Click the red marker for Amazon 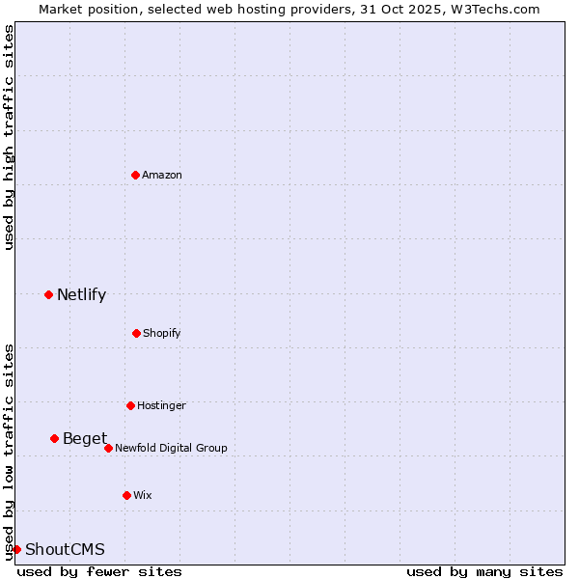click(135, 175)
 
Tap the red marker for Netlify click(48, 294)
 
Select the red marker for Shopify click(136, 333)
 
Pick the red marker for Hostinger click(130, 405)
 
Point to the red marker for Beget click(54, 438)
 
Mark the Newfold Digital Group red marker click(108, 448)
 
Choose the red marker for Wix click(126, 495)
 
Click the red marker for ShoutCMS click(16, 549)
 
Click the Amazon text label click(162, 175)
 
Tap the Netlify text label click(81, 295)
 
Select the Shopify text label click(162, 333)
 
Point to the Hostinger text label click(161, 405)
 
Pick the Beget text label click(85, 439)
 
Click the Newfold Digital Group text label click(171, 448)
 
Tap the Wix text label click(143, 495)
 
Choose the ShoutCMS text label click(65, 550)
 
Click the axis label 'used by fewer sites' click(99, 571)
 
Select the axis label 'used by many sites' click(484, 571)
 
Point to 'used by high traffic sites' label click(9, 137)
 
